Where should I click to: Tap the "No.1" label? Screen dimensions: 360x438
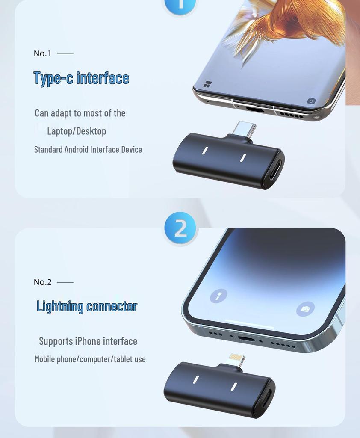click(42, 53)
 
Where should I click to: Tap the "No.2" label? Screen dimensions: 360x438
click(42, 282)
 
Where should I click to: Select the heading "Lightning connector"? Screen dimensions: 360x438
click(87, 306)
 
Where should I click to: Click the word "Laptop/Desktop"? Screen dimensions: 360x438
click(77, 131)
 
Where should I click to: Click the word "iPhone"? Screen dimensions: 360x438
click(88, 341)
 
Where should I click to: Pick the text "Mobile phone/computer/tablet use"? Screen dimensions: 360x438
click(90, 359)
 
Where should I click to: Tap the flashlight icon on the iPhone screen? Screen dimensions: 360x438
click(218, 296)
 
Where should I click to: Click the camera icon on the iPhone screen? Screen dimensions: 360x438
click(305, 309)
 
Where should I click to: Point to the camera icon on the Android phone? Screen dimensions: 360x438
click(311, 101)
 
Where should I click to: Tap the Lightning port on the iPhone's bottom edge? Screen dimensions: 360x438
click(246, 339)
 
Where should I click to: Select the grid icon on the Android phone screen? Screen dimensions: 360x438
click(207, 84)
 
